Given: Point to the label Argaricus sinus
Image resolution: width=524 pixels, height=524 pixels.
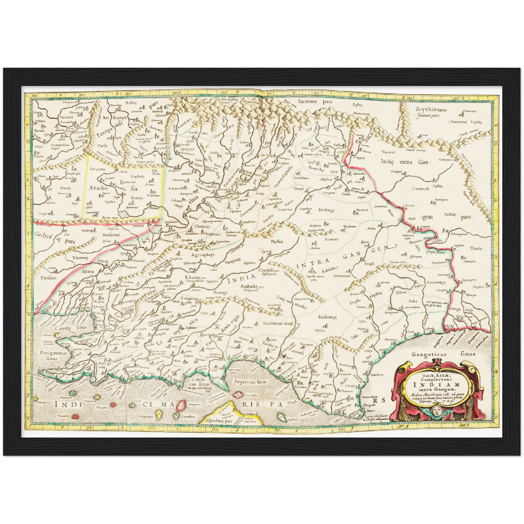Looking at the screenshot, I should click(250, 382).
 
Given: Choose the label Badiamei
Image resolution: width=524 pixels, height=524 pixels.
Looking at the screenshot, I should click(327, 317).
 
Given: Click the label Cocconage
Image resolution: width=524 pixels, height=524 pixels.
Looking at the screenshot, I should click(436, 282).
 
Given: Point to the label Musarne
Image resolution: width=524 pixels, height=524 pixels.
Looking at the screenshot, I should click(110, 235).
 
